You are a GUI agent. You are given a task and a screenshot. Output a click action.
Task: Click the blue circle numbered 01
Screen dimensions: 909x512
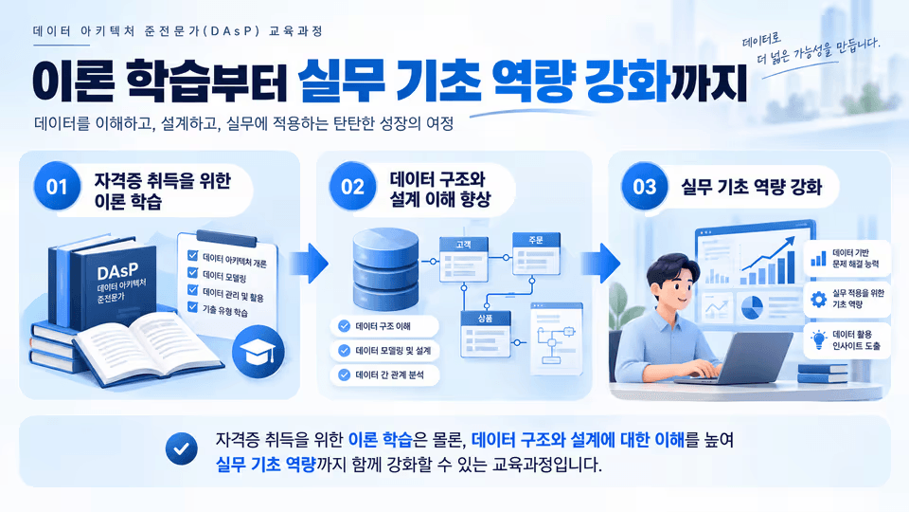[x=56, y=187]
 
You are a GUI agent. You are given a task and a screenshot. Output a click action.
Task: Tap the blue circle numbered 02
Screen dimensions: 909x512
[x=352, y=187]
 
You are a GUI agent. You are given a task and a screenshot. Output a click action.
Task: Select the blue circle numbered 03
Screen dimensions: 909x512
[x=644, y=187]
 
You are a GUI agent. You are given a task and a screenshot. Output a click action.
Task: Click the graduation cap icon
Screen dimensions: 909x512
[x=258, y=353]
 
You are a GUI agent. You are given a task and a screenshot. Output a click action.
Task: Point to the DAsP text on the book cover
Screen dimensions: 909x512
[x=117, y=272]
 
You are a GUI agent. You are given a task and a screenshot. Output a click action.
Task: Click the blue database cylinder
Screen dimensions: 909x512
[x=385, y=268]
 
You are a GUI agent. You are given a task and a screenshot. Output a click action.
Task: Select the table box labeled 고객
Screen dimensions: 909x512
[x=463, y=259]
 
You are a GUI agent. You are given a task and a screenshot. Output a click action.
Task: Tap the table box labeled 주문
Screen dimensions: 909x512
[x=536, y=253]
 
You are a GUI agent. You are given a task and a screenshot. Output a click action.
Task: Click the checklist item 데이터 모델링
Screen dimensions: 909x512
[x=224, y=277]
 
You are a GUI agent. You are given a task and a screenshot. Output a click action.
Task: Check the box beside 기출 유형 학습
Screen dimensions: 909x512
[x=193, y=307]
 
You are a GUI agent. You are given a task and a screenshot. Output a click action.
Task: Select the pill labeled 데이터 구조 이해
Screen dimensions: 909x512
[x=383, y=326]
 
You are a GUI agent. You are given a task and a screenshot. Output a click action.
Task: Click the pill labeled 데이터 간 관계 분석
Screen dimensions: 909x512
[x=383, y=375]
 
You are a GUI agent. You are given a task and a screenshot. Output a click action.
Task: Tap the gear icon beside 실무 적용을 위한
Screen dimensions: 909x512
[x=818, y=299]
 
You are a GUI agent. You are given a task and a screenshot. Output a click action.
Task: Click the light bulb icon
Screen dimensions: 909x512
[x=818, y=339]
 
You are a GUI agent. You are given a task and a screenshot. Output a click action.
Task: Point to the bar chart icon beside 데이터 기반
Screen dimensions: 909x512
[x=818, y=258]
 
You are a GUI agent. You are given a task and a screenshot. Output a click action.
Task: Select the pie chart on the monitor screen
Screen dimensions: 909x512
[x=752, y=307]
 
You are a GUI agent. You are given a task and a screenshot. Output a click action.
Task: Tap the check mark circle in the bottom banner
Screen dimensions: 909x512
[x=182, y=448]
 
